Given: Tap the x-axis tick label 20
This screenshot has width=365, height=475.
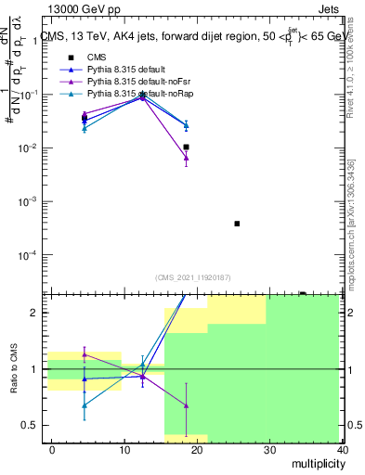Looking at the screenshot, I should tap(197, 449).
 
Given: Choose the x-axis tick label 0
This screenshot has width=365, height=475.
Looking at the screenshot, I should tap(52, 449).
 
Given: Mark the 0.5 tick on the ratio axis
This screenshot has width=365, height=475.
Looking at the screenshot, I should tap(33, 425).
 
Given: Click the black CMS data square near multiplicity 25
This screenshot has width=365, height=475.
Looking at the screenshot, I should tap(237, 224).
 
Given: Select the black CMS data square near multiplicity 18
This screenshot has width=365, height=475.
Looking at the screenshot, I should tap(186, 147).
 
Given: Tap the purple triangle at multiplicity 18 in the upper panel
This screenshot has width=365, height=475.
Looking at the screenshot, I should tap(186, 158).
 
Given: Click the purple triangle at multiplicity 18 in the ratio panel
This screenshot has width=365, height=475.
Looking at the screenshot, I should tap(186, 405).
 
